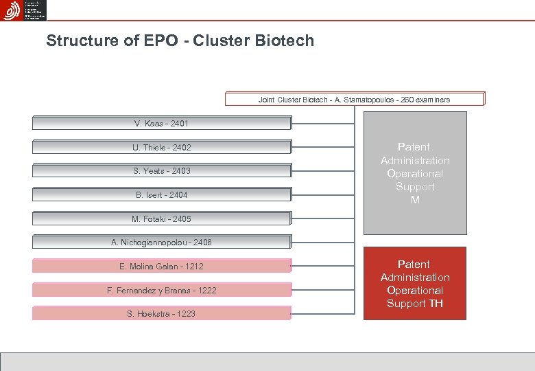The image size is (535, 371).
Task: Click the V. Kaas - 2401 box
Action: tap(162, 124)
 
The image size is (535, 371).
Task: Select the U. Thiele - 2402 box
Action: tap(162, 147)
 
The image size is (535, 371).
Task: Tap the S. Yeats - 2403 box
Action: tap(162, 171)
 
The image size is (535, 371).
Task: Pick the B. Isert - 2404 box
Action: tap(162, 195)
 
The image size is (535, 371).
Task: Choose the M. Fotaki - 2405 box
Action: tap(162, 219)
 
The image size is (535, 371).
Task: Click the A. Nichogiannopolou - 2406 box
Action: tap(162, 243)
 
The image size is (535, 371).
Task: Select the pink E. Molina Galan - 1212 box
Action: tap(162, 267)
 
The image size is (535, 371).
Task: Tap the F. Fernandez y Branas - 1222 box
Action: tap(162, 290)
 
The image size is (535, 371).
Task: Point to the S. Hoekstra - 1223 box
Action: tap(162, 313)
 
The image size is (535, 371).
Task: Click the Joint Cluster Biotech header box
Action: tap(355, 100)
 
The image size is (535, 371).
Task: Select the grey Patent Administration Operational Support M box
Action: tap(415, 173)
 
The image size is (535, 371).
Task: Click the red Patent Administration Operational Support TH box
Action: tap(415, 283)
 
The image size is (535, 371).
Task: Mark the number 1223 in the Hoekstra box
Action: tap(185, 313)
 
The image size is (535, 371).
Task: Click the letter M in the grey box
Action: tap(415, 200)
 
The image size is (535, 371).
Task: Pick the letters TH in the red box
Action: tap(435, 304)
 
